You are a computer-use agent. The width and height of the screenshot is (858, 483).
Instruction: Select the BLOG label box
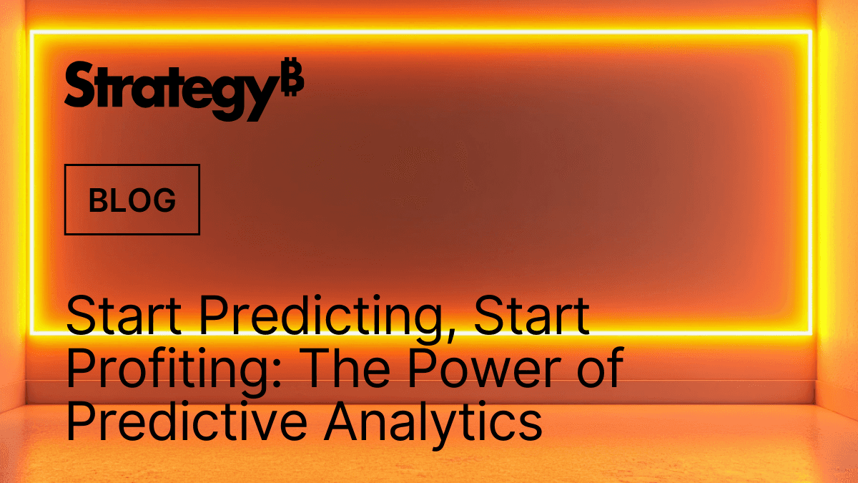point(132,200)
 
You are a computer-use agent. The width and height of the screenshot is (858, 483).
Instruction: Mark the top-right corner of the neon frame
point(810,33)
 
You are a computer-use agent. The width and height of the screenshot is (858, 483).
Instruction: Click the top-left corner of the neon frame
point(31,33)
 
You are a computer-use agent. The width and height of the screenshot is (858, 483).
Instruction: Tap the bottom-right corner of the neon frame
point(810,332)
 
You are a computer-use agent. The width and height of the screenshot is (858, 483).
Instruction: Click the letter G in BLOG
point(164,200)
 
